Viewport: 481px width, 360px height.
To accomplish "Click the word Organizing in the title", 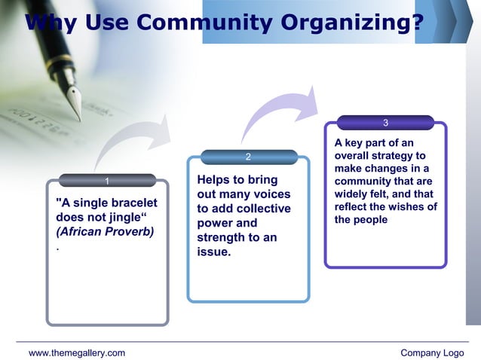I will [x=351, y=23].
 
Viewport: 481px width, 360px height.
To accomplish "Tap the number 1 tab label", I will [x=107, y=181].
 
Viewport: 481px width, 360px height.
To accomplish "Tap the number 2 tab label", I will [x=249, y=157].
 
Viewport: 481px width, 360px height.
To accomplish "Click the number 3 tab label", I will [x=385, y=123].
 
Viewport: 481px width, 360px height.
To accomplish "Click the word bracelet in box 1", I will [x=130, y=203].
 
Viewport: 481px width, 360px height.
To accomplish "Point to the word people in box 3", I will [x=370, y=220].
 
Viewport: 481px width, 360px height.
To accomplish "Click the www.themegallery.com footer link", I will [x=77, y=352].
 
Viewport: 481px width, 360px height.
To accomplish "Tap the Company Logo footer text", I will [x=432, y=352].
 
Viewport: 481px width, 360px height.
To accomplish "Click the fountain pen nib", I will [x=75, y=102].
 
